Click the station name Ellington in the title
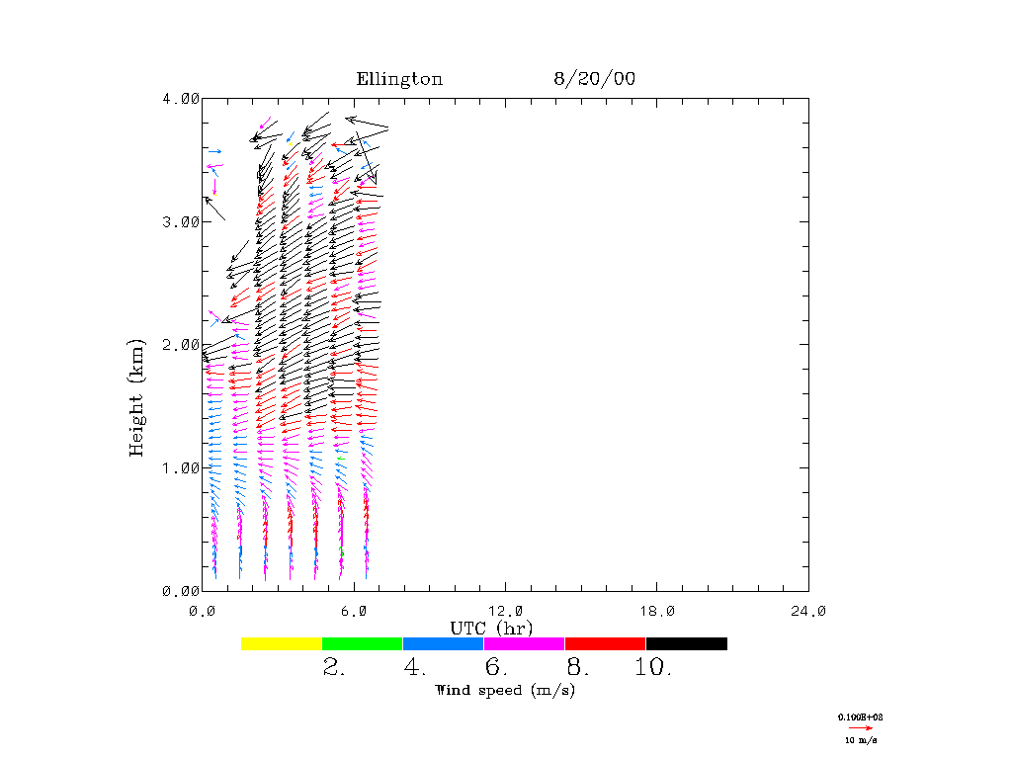click(399, 79)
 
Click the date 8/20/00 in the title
click(594, 79)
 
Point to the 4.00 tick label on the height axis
click(180, 99)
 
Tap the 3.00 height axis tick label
click(180, 221)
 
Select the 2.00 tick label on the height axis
click(180, 345)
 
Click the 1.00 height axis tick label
click(180, 467)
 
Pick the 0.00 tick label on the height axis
click(180, 591)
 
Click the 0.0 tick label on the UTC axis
click(203, 611)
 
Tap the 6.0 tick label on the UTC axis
click(354, 611)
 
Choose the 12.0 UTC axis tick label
click(505, 611)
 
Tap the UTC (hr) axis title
click(491, 628)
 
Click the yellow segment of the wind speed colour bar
click(282, 643)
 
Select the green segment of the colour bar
click(363, 643)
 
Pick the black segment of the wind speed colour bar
click(687, 643)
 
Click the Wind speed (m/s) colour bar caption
click(505, 690)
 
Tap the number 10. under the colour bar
click(652, 668)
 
